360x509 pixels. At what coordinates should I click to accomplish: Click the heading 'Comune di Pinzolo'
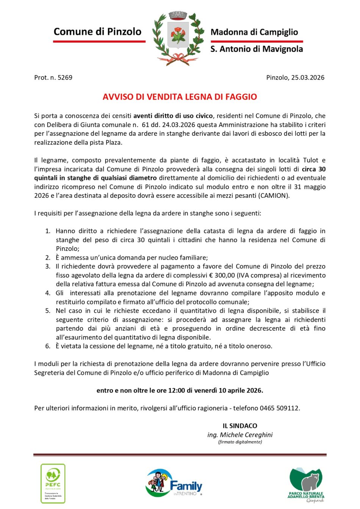tap(97, 31)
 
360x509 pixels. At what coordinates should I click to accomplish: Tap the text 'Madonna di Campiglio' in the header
tap(254, 32)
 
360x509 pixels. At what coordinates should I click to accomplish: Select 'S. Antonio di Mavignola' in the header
tap(257, 49)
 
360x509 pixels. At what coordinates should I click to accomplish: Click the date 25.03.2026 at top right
tap(307, 78)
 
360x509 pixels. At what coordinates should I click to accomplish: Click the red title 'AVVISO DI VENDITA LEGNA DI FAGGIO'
tap(180, 97)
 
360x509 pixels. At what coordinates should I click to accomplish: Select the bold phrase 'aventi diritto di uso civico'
tap(173, 116)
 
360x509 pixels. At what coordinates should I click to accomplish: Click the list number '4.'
tap(48, 293)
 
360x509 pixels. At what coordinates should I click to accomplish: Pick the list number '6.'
tap(48, 346)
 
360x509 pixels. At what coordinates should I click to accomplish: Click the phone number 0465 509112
tap(279, 408)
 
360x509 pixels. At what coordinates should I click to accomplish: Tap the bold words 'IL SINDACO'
tap(240, 426)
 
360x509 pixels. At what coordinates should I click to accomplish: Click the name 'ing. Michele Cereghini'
tap(240, 435)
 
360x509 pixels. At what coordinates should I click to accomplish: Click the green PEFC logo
tap(53, 483)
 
